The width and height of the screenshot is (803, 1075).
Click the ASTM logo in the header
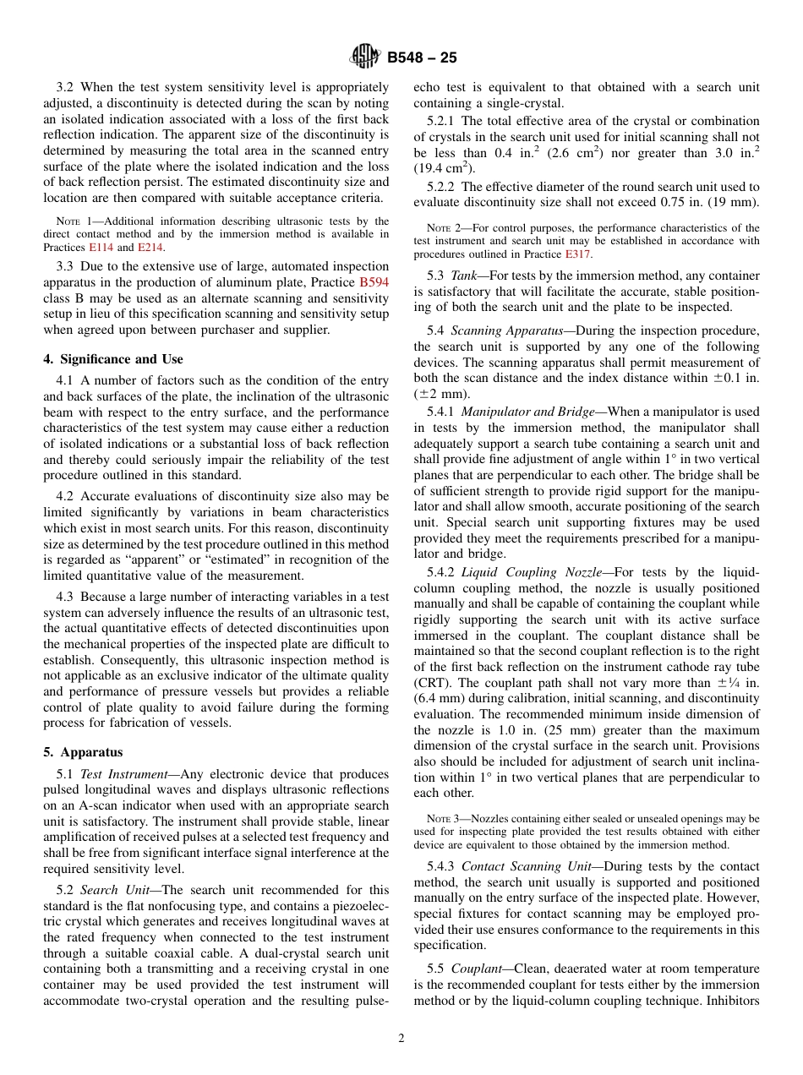point(365,57)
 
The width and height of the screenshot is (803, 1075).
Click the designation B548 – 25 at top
point(422,57)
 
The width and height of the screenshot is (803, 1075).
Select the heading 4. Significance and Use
point(113,359)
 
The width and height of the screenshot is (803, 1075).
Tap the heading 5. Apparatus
point(83,752)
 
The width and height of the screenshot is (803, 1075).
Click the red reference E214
point(151,248)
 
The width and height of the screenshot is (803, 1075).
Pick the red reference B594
point(374,282)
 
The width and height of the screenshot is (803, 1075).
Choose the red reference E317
point(577,254)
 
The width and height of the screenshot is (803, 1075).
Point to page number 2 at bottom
point(401,1039)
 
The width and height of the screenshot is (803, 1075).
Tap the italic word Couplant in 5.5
point(474,969)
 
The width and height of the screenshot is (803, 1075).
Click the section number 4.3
point(65,597)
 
